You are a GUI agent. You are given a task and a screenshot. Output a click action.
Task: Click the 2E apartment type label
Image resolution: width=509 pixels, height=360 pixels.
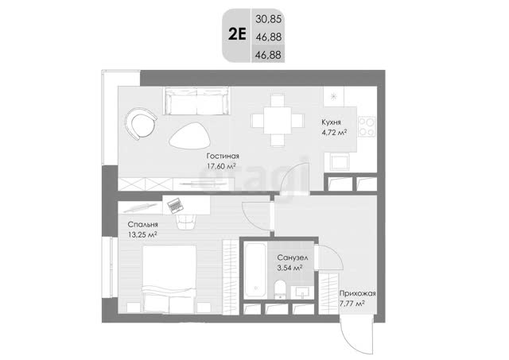pyautogui.click(x=237, y=34)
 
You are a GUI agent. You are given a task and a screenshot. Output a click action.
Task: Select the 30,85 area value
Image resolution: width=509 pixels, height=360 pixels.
pyautogui.click(x=268, y=19)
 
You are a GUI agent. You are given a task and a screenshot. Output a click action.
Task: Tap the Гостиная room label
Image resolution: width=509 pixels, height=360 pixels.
pyautogui.click(x=223, y=156)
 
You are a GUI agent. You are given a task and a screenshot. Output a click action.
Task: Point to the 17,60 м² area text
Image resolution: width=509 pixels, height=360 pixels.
pyautogui.click(x=221, y=166)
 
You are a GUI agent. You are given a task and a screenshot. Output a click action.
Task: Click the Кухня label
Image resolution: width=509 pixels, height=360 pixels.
pyautogui.click(x=331, y=122)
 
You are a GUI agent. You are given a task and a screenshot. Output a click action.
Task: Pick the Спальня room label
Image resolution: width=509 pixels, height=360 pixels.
pyautogui.click(x=143, y=224)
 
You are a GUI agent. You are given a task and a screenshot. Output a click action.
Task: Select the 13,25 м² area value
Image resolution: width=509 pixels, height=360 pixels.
pyautogui.click(x=143, y=234)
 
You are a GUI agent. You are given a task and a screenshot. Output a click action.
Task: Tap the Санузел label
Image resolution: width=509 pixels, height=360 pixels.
pyautogui.click(x=293, y=257)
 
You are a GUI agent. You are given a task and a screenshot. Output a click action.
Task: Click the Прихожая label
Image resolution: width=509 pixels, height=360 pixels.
pyautogui.click(x=357, y=293)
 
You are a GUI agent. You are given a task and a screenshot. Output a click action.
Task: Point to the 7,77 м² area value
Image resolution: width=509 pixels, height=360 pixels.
pyautogui.click(x=352, y=304)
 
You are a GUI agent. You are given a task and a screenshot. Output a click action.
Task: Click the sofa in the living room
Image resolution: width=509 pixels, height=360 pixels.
pyautogui.click(x=196, y=101)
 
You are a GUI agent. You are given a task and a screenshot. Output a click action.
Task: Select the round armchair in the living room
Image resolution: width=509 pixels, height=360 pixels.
pyautogui.click(x=140, y=124)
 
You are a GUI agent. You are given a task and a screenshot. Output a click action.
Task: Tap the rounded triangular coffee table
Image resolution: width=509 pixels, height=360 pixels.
pyautogui.click(x=190, y=136)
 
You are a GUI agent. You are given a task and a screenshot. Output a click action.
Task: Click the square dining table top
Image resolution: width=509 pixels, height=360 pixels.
pyautogui.click(x=278, y=120)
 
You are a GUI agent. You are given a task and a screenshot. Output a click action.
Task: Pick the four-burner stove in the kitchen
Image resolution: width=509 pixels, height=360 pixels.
pyautogui.click(x=367, y=126)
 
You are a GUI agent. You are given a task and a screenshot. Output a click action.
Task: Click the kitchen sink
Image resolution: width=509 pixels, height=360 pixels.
pyautogui.click(x=340, y=161)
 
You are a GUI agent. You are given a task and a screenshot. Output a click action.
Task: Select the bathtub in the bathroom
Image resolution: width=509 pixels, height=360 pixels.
pyautogui.click(x=255, y=270)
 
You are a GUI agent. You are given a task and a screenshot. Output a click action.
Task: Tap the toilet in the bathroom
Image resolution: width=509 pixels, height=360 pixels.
pyautogui.click(x=279, y=289)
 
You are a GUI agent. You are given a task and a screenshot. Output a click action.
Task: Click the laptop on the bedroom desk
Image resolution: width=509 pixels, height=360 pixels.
pyautogui.click(x=175, y=205)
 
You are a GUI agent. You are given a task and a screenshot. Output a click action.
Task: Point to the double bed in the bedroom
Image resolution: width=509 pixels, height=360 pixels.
pyautogui.click(x=169, y=279)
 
